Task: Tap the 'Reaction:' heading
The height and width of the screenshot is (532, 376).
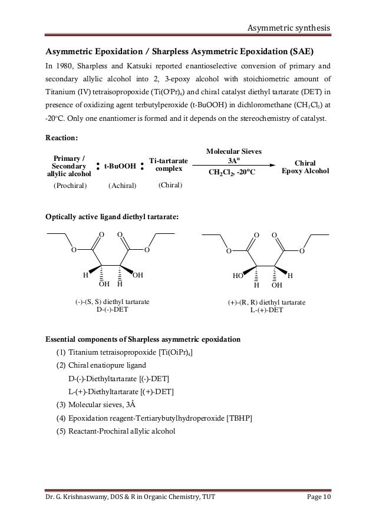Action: pos(61,138)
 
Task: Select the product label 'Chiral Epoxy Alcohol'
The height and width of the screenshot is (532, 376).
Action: pos(306,167)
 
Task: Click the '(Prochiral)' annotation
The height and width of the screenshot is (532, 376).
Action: pos(70,186)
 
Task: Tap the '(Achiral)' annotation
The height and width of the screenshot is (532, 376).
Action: pos(122,186)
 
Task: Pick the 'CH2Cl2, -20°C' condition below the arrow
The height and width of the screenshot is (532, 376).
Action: pos(235,173)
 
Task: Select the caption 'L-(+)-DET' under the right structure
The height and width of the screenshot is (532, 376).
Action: pos(266,309)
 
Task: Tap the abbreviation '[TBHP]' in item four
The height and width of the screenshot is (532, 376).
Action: pos(240,418)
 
